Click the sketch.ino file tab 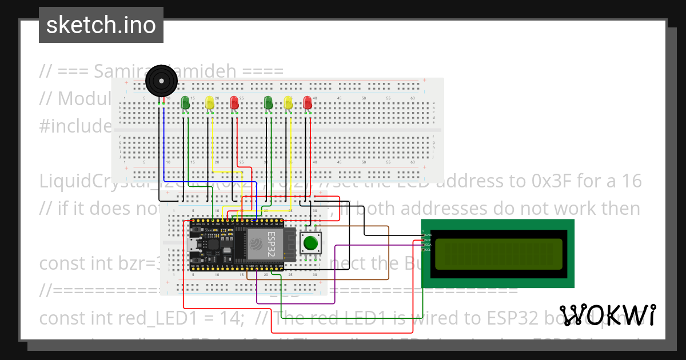click(x=101, y=25)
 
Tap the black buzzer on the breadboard click(x=162, y=82)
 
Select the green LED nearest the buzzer click(x=185, y=103)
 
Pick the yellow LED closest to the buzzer click(x=210, y=103)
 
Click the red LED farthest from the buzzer click(x=308, y=103)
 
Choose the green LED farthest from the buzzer click(x=268, y=103)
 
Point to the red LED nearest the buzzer click(x=234, y=103)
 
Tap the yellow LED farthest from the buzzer click(x=288, y=103)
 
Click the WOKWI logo click(x=607, y=315)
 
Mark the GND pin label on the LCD click(x=428, y=235)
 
